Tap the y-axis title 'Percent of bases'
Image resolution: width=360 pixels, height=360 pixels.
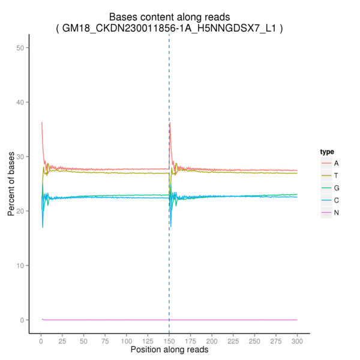pyautogui.click(x=11, y=184)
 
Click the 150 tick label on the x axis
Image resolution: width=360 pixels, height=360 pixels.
pyautogui.click(x=169, y=340)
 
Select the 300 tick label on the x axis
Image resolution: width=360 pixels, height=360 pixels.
pyautogui.click(x=297, y=340)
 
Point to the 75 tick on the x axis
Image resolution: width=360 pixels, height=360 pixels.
pyautogui.click(x=105, y=340)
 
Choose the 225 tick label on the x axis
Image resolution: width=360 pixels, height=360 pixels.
pyautogui.click(x=233, y=340)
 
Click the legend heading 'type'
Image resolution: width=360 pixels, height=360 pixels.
pyautogui.click(x=327, y=152)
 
